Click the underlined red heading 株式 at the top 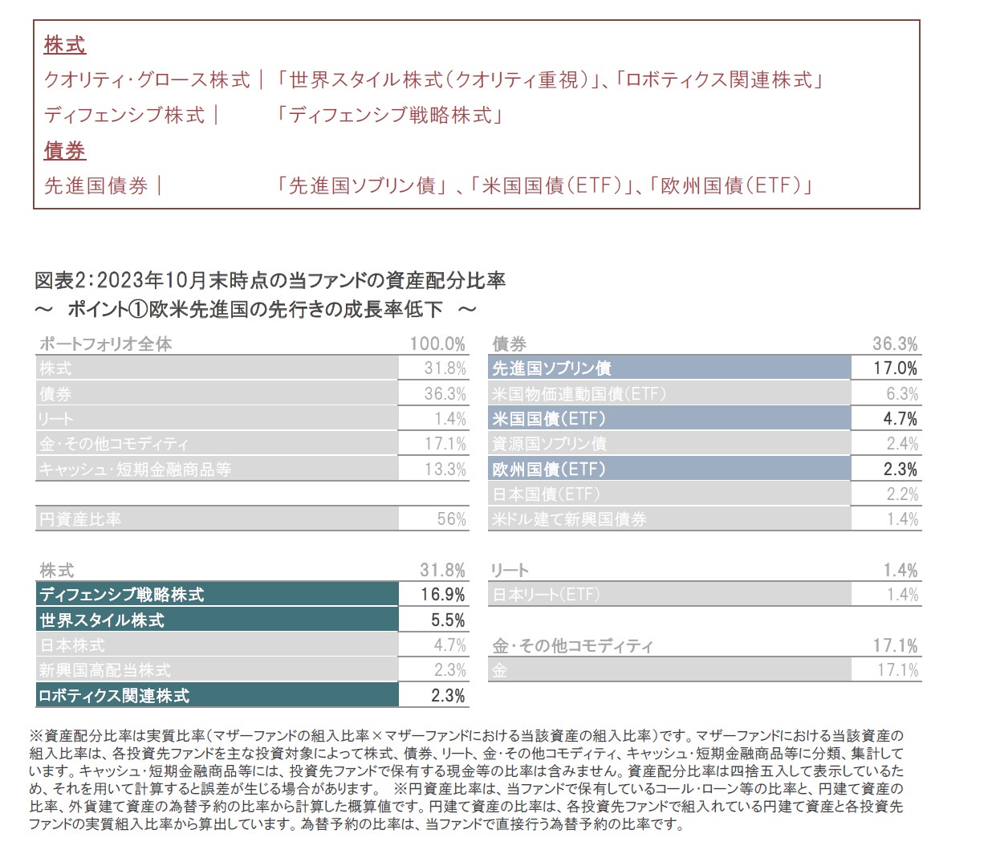pos(65,45)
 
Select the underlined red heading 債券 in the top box pos(65,151)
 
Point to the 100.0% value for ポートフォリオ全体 pos(437,344)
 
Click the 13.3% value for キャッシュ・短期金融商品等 pos(445,470)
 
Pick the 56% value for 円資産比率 pos(451,519)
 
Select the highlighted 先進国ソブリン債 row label pos(552,368)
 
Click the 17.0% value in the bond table pos(896,368)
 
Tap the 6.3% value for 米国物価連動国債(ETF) pos(902,394)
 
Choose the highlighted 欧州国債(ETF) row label pos(549,470)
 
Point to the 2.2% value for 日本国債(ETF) pos(902,494)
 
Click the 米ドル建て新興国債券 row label pos(570,519)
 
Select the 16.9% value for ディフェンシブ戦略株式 pos(443,595)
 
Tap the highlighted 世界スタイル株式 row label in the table pos(102,620)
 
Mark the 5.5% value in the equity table pos(448,620)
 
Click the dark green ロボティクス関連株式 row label pos(115,696)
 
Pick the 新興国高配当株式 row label pos(105,670)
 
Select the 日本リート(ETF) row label pos(546,595)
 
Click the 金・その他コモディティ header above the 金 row pos(573,646)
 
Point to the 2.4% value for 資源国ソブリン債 pos(902,444)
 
